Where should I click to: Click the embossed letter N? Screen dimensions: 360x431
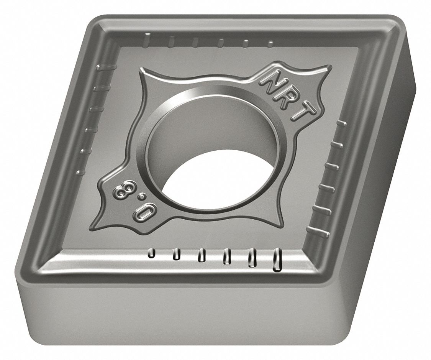tap(272, 79)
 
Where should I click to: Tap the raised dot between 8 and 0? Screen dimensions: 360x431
tap(133, 201)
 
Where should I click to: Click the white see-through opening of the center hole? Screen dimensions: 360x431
tap(215, 180)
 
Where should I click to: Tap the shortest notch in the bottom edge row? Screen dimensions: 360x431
tap(152, 253)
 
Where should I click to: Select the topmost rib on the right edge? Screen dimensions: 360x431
tap(341, 123)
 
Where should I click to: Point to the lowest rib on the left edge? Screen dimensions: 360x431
tap(80, 173)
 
